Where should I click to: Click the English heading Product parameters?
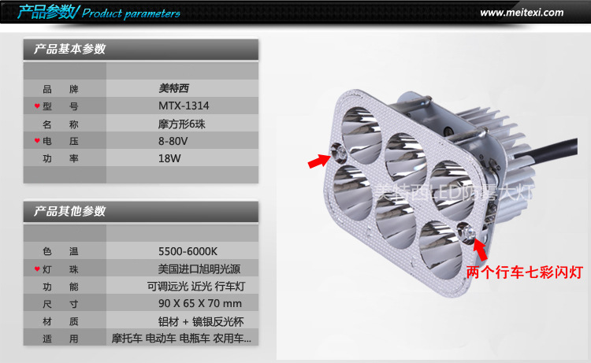(131, 13)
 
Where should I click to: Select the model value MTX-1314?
(184, 106)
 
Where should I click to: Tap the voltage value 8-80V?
(173, 141)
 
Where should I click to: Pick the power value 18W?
(169, 158)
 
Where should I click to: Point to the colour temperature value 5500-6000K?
(187, 251)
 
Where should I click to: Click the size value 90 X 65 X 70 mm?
(199, 303)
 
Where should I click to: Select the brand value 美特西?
(174, 89)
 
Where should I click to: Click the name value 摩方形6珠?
(182, 124)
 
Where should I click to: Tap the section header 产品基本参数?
(70, 50)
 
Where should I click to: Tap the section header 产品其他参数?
(70, 212)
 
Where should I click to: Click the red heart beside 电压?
(37, 141)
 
